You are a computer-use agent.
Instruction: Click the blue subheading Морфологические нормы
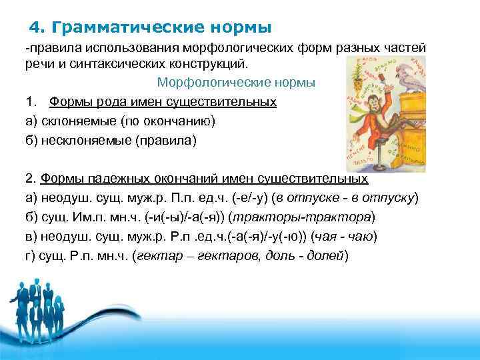[236, 83]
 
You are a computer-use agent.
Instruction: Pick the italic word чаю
[363, 237]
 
